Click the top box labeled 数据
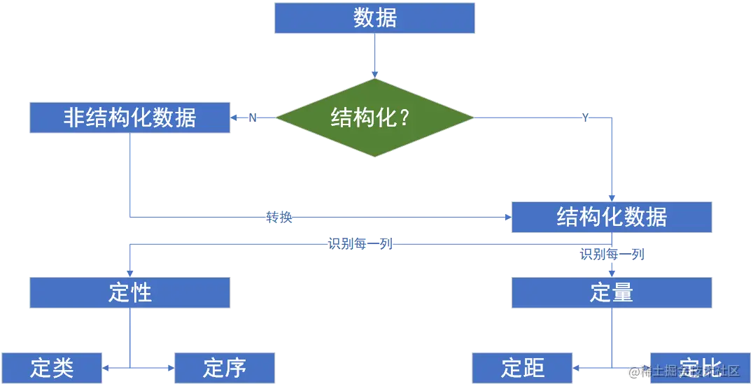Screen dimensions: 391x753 point(374,18)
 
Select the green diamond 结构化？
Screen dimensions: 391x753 point(374,118)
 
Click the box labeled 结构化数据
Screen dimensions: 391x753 point(612,218)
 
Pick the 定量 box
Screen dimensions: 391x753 point(612,292)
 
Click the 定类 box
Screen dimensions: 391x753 point(52,367)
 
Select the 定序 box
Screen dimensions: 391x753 point(225,367)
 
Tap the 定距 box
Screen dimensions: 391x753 point(522,367)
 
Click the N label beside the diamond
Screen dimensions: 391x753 point(253,118)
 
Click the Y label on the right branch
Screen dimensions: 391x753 point(585,118)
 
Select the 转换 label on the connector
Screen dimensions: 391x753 point(279,218)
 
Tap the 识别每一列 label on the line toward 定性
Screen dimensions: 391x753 point(359,244)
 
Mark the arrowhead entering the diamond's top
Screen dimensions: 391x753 point(375,73)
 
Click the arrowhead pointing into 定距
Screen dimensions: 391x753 point(577,366)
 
